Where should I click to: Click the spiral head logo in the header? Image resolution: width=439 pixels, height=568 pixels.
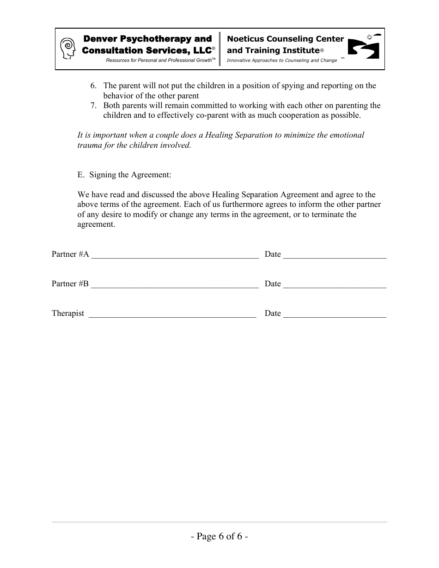[68, 48]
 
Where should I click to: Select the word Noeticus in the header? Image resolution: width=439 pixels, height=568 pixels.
[246, 39]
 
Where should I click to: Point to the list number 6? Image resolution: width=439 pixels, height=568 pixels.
[93, 86]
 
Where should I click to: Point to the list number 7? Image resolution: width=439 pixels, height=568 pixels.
[93, 106]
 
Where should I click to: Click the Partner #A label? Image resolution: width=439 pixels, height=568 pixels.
[70, 254]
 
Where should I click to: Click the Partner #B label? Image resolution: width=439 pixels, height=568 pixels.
[70, 284]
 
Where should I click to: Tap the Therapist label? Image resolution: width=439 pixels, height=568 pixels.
[68, 313]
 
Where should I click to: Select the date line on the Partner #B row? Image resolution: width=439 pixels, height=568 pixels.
[335, 286]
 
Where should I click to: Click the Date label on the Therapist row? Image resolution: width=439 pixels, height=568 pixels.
[273, 313]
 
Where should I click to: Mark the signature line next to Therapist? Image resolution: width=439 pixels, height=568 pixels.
[172, 316]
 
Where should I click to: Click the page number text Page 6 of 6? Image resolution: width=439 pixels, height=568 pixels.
[219, 536]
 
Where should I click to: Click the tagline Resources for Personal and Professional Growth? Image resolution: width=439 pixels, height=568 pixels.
[159, 60]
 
